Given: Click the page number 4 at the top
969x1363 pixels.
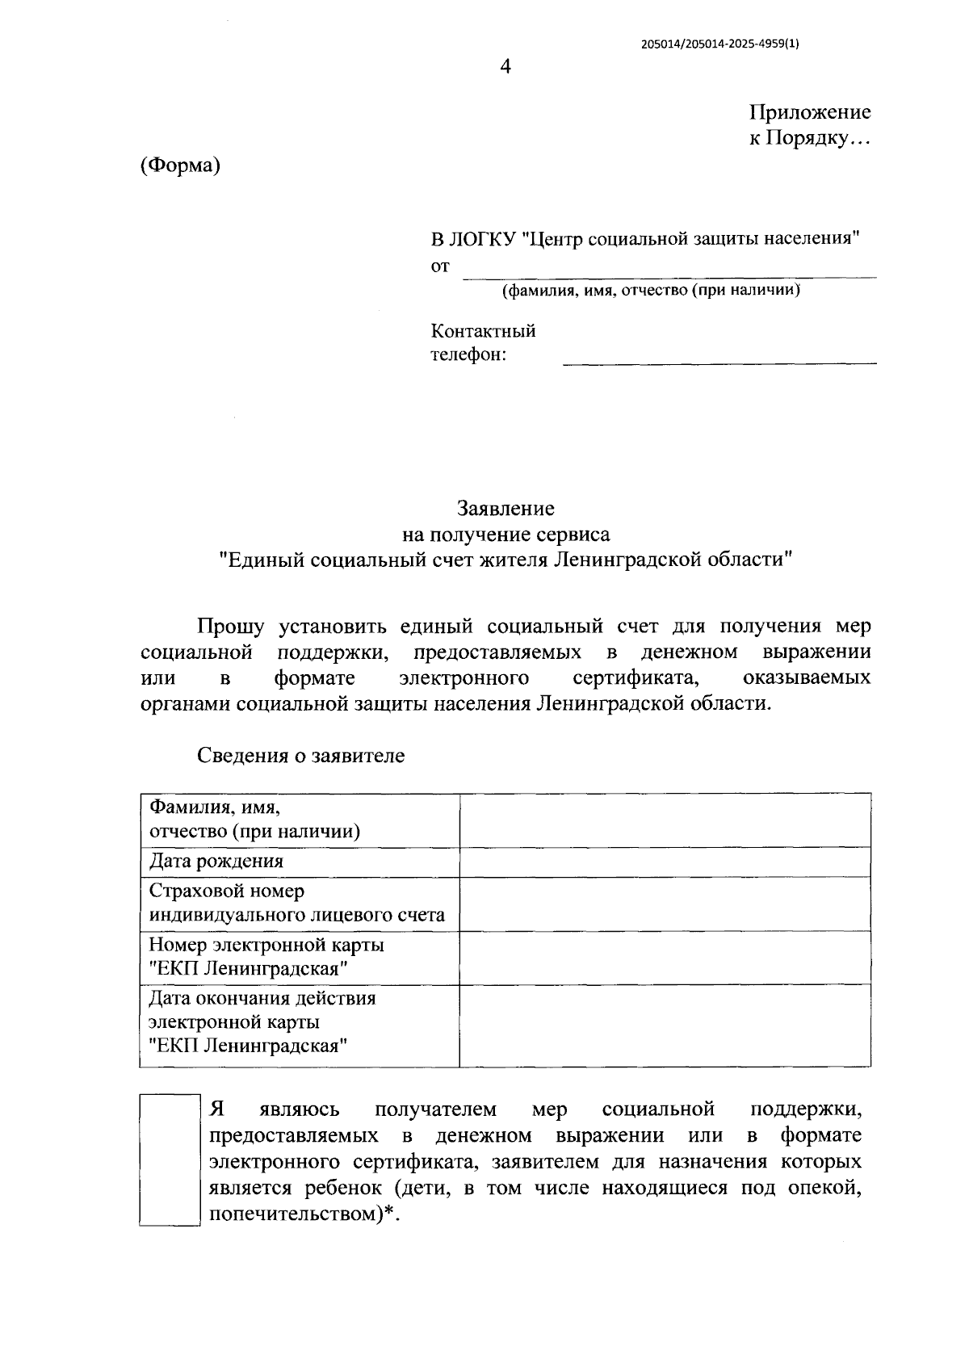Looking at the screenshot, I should (x=505, y=67).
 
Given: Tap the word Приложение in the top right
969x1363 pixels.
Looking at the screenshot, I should (x=810, y=112).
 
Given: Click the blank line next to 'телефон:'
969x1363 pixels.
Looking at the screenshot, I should (x=719, y=355).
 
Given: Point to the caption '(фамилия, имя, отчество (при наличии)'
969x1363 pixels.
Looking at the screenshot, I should (x=651, y=291).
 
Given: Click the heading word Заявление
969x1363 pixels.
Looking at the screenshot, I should (x=505, y=509).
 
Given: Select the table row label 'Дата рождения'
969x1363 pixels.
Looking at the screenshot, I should (x=216, y=862).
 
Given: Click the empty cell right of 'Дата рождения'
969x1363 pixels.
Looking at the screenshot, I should (x=665, y=862).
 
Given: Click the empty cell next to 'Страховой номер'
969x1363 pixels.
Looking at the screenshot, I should (x=665, y=904).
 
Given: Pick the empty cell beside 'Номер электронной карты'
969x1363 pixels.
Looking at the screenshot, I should (x=665, y=957).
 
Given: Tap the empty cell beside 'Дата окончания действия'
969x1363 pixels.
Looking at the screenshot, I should (x=665, y=1025).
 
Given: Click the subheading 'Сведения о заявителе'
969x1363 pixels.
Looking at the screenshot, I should (x=300, y=756).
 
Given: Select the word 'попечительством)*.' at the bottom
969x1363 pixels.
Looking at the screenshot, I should (x=304, y=1214).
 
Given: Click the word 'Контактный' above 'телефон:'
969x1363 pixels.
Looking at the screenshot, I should (x=483, y=331).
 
